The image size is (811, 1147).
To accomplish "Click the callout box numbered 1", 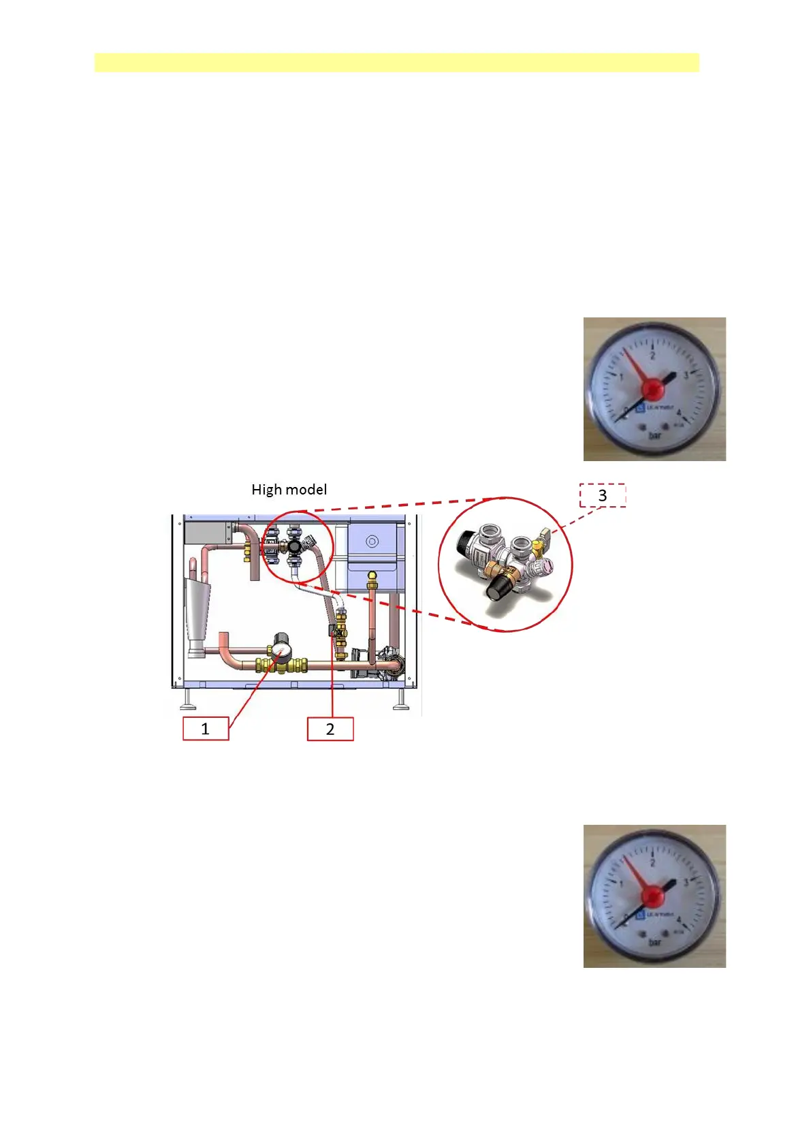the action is [206, 729].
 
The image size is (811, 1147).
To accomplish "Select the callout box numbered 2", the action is [330, 729].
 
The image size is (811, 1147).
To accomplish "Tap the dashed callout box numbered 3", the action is [602, 495].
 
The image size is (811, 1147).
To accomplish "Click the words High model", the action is [289, 490].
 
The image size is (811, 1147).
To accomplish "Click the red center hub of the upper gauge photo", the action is [654, 389].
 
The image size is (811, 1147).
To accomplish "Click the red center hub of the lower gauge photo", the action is [654, 896].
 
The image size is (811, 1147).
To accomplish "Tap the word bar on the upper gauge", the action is [654, 435].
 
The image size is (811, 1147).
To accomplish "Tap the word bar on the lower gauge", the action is [654, 942].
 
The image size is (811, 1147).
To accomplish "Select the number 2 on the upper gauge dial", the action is [652, 355].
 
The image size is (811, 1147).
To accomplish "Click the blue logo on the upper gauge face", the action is [640, 409].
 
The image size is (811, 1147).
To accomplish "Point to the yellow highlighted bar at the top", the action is [396, 62].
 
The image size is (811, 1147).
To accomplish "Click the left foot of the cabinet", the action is [188, 702].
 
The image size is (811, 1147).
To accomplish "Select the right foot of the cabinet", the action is [401, 702].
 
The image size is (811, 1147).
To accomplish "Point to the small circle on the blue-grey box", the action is [371, 542].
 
